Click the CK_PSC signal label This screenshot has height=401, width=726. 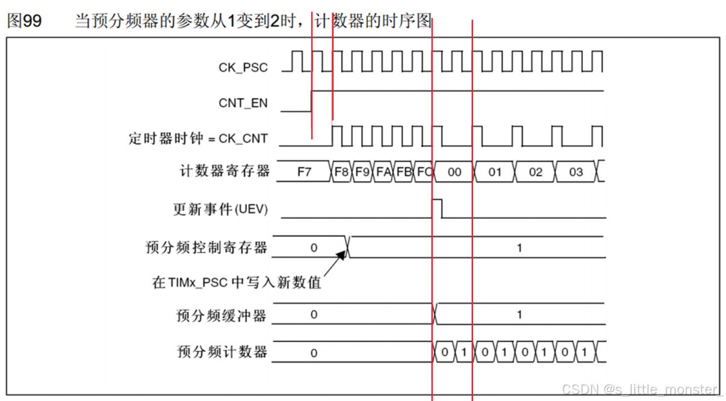(x=243, y=67)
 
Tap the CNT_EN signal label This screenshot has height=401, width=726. (x=243, y=103)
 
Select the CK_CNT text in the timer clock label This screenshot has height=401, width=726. (x=243, y=139)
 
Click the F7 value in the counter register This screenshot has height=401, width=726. (x=304, y=171)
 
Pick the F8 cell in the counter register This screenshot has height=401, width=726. (x=341, y=171)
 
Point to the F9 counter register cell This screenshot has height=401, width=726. (x=362, y=171)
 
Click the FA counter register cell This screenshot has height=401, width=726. (x=383, y=171)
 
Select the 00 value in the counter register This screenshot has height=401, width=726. (x=454, y=172)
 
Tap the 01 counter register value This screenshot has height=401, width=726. (x=495, y=172)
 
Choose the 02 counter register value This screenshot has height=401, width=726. (x=535, y=172)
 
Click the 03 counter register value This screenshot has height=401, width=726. (x=576, y=172)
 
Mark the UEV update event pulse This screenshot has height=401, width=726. (x=437, y=209)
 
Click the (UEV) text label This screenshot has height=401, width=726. (x=251, y=209)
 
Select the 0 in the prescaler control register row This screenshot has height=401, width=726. (x=314, y=248)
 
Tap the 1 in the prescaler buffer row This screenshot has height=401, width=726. (x=519, y=314)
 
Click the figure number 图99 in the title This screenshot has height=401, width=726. (x=24, y=21)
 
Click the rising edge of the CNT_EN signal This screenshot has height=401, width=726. (x=311, y=101)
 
